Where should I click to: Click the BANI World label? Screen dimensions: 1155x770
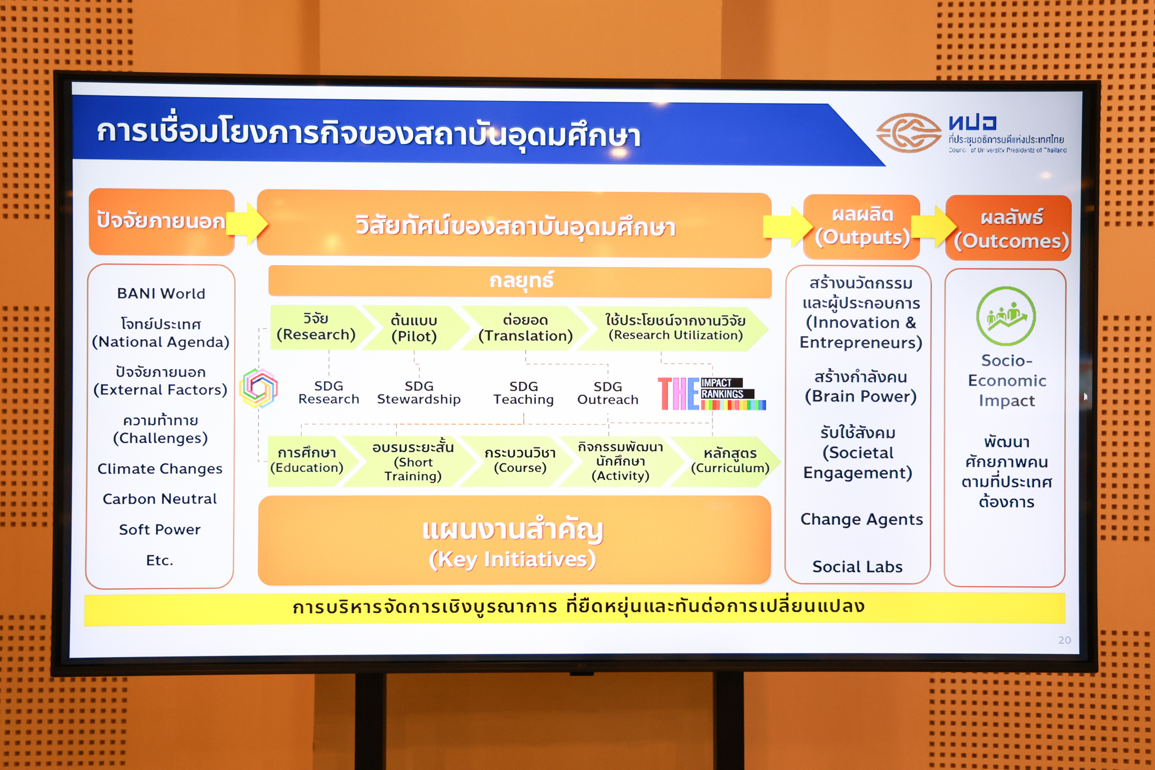tap(161, 293)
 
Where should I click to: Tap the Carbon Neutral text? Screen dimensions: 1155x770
tap(160, 499)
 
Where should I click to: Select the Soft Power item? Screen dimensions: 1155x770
tap(160, 530)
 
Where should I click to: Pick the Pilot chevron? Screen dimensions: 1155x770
tap(415, 328)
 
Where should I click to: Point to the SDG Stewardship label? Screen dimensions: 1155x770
tap(419, 393)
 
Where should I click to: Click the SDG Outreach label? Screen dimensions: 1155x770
tap(608, 393)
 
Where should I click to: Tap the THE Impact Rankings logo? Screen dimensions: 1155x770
tap(712, 394)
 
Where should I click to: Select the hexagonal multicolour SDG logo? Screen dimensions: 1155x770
tap(259, 388)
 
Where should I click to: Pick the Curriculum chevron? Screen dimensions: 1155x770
tap(728, 461)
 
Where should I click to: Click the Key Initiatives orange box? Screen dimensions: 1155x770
tap(514, 540)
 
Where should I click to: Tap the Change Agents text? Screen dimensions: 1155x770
tap(861, 519)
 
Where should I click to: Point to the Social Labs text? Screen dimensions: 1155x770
tap(857, 566)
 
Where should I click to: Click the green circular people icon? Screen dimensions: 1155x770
tap(1006, 316)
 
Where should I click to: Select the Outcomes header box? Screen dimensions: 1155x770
tap(1008, 228)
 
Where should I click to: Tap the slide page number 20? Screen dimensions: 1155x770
tap(1064, 640)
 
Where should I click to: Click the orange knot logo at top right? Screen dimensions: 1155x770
tap(909, 133)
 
